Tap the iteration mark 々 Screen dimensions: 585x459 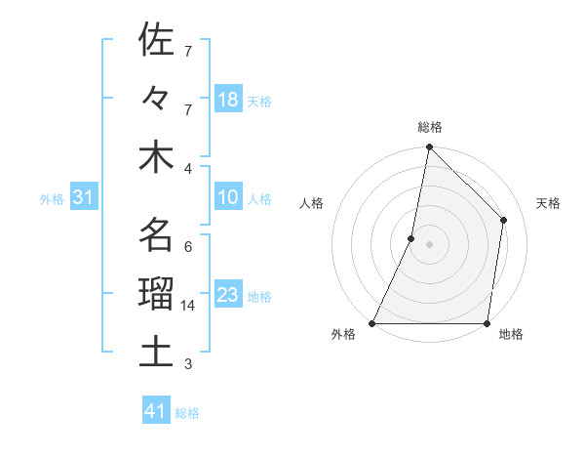point(156,98)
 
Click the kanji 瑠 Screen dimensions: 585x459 point(156,294)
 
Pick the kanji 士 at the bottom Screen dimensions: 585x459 point(156,352)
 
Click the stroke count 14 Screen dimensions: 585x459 point(190,306)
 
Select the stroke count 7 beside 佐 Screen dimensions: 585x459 point(187,51)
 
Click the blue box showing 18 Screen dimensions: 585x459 point(227,100)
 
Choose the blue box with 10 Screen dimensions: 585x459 point(227,198)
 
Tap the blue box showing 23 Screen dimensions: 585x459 point(227,295)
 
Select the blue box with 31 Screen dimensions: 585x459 point(83,198)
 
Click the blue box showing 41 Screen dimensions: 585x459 point(156,412)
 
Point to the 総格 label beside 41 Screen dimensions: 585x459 point(187,413)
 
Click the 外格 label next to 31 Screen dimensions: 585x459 point(52,199)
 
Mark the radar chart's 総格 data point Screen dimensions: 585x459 point(429,148)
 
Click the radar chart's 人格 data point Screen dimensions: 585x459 point(411,238)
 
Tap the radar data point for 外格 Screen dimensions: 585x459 point(372,323)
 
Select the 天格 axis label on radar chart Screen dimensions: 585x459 point(548,203)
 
